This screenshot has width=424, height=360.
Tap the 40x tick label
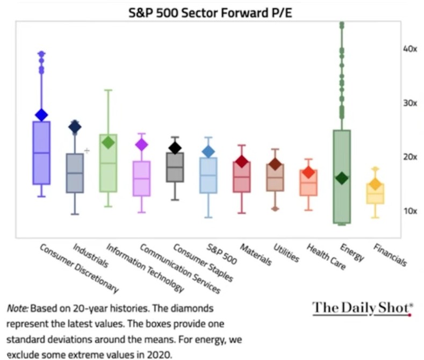coord(410,49)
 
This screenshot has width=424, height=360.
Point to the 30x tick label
coord(410,103)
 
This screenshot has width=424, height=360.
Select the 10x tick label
coord(410,211)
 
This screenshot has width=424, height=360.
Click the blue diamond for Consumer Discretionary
coord(41,114)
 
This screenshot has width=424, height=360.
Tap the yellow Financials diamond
coord(375,185)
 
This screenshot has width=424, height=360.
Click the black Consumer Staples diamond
coord(175,148)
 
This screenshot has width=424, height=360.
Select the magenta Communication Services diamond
coord(142,145)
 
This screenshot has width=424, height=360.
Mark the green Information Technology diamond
coord(109,142)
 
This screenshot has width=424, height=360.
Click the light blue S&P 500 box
coord(209,175)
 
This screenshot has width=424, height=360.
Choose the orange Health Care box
coord(309,183)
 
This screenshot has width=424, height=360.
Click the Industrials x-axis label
coord(90,255)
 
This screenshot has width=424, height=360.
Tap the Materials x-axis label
coord(256,254)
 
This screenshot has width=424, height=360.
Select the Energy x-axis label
coord(352,252)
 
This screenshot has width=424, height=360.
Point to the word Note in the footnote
coord(17,309)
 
